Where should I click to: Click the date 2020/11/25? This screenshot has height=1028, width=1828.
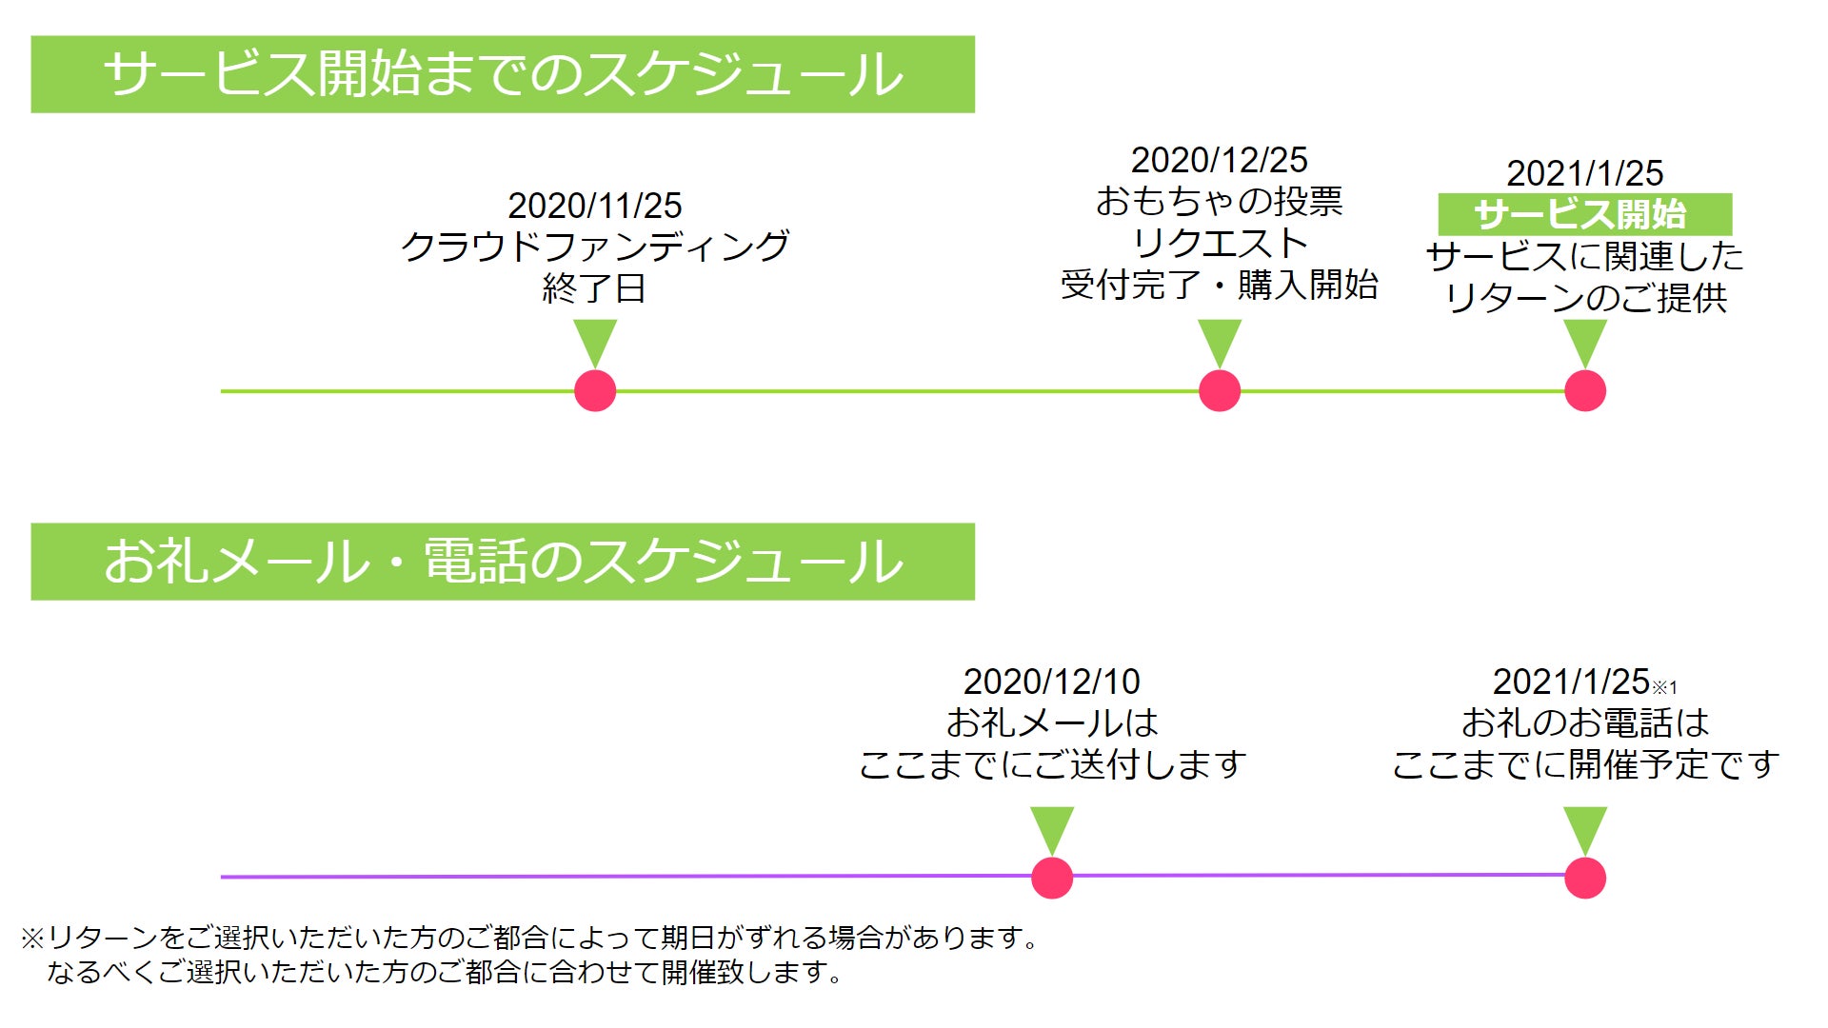594,206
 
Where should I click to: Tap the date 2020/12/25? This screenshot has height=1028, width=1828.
1219,160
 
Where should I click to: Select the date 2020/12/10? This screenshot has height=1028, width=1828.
1051,682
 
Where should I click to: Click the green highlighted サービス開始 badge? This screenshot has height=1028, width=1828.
1583,214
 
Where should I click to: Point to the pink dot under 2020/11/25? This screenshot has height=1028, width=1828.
595,391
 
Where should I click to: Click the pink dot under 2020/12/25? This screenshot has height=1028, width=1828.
1220,391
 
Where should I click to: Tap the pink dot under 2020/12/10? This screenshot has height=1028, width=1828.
1052,878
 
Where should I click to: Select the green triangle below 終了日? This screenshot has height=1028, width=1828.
595,341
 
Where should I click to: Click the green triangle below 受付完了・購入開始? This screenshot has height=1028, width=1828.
1220,341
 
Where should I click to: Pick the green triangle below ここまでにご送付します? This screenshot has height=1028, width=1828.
1052,828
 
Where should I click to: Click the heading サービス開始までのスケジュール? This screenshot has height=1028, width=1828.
503,74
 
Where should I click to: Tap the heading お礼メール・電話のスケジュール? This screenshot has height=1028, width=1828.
503,562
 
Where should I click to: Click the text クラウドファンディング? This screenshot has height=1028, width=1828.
594,247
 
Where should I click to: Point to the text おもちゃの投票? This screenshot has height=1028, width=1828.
1219,202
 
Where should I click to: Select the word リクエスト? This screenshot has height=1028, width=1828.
1219,244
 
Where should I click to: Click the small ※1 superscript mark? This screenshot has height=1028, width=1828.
1664,687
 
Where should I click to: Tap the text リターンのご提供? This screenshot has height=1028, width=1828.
1585,298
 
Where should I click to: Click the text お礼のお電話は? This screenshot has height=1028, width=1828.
1585,723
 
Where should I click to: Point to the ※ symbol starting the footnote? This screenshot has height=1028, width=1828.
32,939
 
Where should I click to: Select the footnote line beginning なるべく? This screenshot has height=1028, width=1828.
445,973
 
